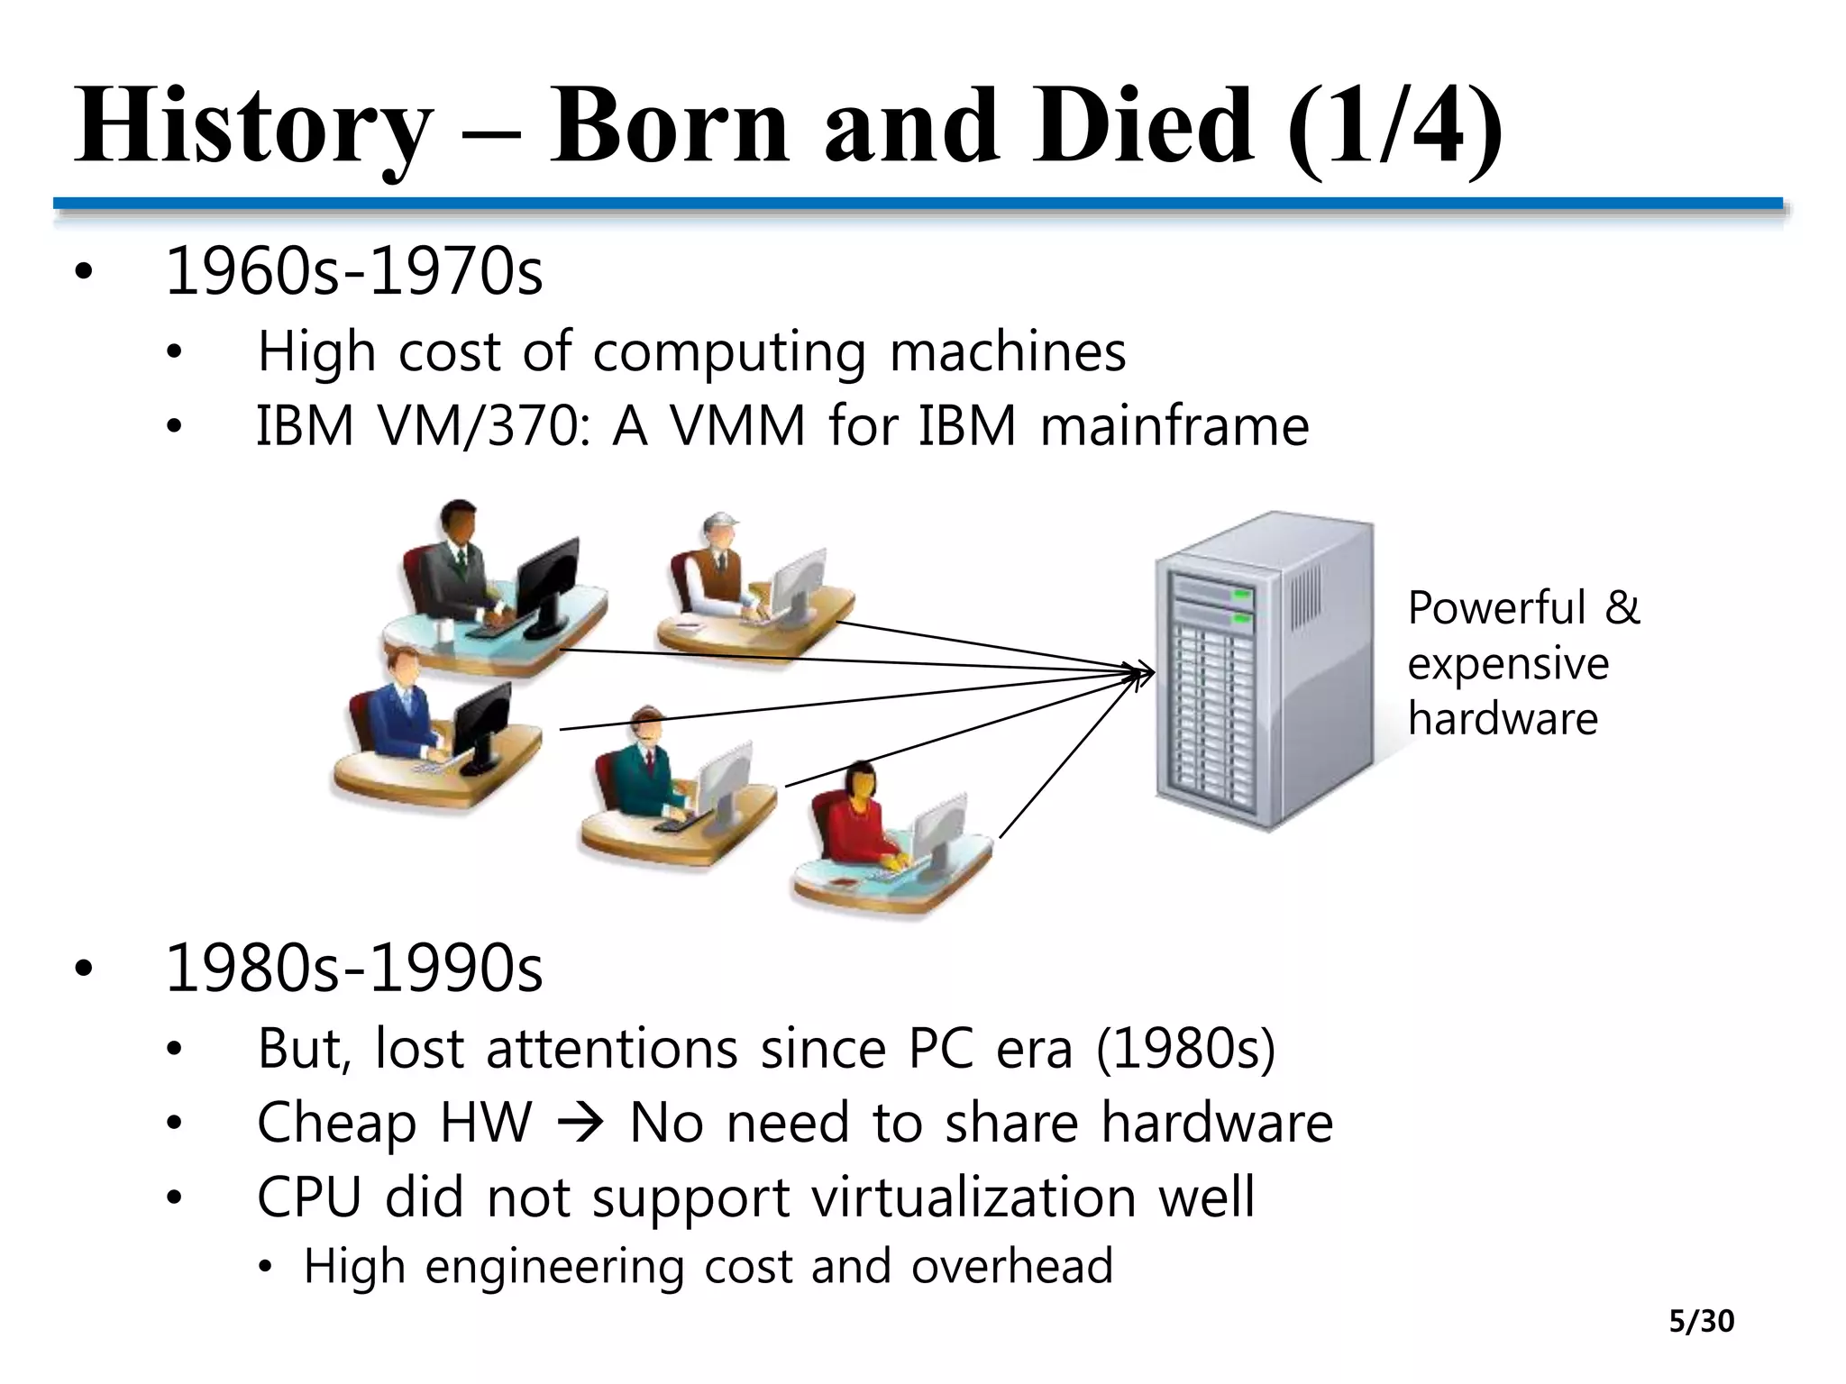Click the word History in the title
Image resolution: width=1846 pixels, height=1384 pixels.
point(252,126)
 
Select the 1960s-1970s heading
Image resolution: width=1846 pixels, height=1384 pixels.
point(354,271)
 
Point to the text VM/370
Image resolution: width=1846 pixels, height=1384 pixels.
point(478,426)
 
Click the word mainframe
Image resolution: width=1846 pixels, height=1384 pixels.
point(1174,426)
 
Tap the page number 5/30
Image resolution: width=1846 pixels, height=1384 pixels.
point(1701,1321)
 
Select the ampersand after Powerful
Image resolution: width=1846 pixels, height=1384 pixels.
point(1622,607)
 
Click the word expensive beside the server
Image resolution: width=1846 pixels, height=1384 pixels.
point(1508,664)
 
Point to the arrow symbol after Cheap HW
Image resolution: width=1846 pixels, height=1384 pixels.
point(580,1124)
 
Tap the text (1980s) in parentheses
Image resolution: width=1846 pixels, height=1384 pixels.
point(1185,1050)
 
